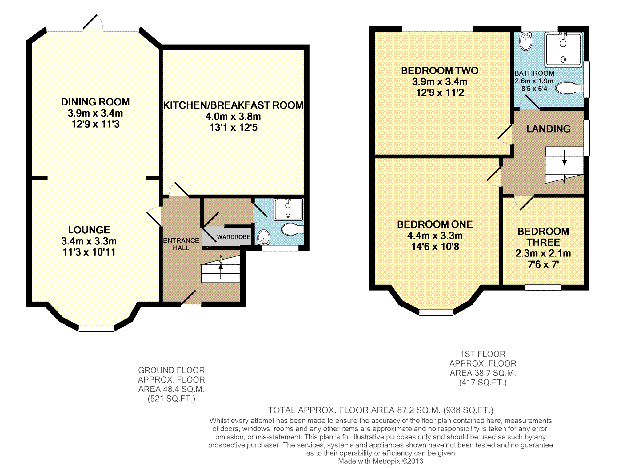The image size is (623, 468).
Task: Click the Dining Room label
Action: (x=95, y=102)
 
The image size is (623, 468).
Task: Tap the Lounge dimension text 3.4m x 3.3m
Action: (x=89, y=241)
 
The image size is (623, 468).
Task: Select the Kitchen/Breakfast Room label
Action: (x=233, y=105)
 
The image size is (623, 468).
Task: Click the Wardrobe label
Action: (x=234, y=237)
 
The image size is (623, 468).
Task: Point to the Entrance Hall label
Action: (x=181, y=244)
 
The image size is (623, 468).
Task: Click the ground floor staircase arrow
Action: (x=221, y=267)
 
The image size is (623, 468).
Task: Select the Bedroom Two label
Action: (x=440, y=71)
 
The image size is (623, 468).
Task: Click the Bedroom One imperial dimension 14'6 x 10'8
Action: (x=435, y=247)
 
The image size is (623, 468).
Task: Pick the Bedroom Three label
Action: (x=543, y=237)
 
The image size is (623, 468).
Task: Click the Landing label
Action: (x=549, y=129)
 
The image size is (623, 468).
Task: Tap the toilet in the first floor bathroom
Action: (x=569, y=88)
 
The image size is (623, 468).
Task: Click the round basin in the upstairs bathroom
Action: (x=526, y=42)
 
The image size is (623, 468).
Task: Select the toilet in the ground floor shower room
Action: (x=292, y=229)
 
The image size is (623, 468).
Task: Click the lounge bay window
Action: (x=96, y=329)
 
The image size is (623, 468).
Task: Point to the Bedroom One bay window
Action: (x=436, y=312)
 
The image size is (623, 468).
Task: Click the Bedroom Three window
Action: (x=543, y=288)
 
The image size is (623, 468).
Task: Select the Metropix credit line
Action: (x=381, y=461)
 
